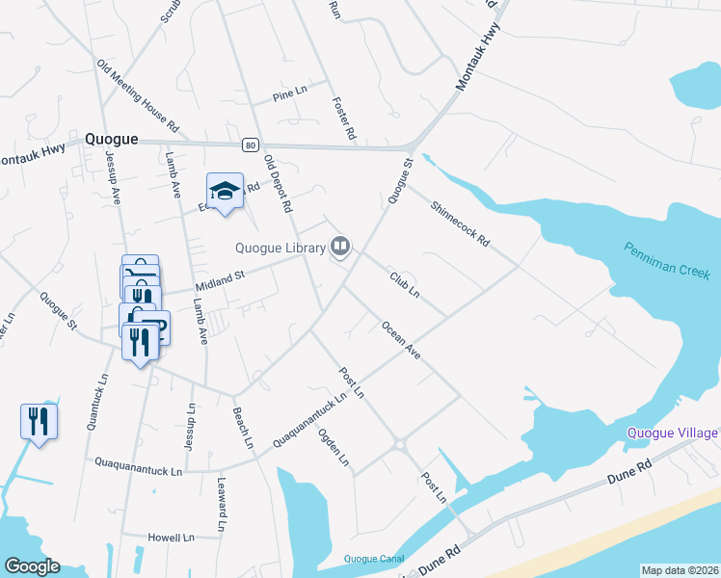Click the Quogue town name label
pos(111,139)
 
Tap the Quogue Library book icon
pos(340,248)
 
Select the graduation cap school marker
pos(225,191)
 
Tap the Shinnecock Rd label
pos(461,222)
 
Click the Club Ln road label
pos(405,283)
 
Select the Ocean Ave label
pos(401,340)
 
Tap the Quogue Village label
pos(673,433)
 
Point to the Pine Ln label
pos(288,96)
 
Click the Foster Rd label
pos(344,118)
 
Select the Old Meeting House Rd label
pos(138,95)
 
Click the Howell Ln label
pos(171,537)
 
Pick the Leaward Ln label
pos(221,506)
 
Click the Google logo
pos(32,566)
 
